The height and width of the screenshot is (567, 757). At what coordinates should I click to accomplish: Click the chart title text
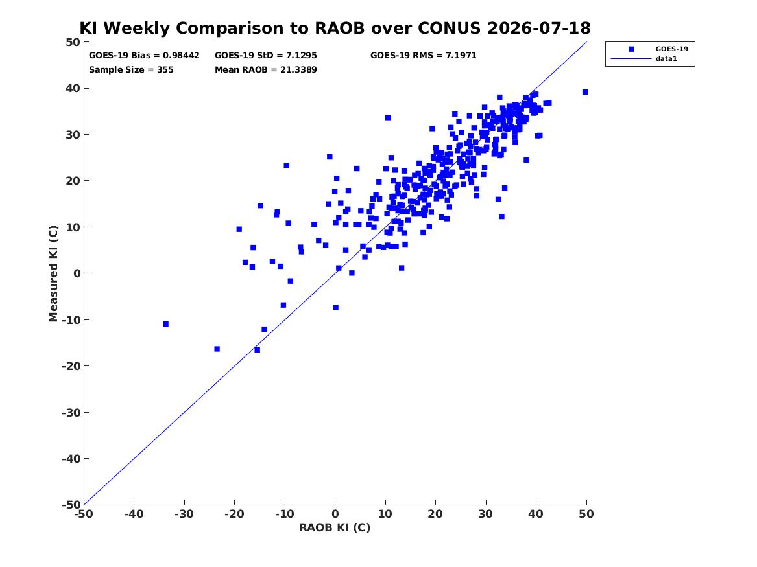coord(335,28)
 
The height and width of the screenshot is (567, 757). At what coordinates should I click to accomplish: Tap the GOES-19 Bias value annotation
coord(144,56)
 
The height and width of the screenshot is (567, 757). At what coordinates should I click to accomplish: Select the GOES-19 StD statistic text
coord(265,56)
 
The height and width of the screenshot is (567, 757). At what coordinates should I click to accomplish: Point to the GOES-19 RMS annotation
coord(423,56)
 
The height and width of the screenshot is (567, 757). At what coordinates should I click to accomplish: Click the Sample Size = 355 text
coord(131,69)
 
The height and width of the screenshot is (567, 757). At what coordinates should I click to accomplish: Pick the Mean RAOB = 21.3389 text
coord(265,69)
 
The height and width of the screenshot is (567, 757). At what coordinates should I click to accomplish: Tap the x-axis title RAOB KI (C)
coord(335,527)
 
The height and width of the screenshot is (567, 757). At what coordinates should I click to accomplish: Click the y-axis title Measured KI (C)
coord(53,273)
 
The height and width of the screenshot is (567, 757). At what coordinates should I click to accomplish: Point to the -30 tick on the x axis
coord(184,514)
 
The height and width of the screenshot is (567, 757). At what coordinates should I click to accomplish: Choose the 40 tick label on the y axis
coord(73,88)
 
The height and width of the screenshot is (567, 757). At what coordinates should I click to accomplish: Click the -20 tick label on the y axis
coord(71,366)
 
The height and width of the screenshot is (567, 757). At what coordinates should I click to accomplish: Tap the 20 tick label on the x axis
coord(435,514)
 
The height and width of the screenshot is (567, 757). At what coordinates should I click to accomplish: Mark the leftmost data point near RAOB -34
coord(165,324)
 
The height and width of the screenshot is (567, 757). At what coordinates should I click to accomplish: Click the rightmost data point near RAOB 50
coord(584,92)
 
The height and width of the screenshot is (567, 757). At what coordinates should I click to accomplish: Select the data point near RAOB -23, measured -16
coord(217,349)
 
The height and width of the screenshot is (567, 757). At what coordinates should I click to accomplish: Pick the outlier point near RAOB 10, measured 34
coord(388,118)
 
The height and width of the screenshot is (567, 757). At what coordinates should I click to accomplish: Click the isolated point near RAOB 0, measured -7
coord(335,308)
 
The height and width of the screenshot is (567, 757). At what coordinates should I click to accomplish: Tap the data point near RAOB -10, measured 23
coord(286,166)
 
